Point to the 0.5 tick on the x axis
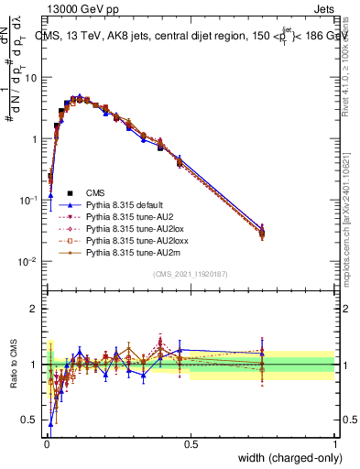[x=191, y=443]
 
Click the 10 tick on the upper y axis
[x=32, y=78]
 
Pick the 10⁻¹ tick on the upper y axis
[x=29, y=200]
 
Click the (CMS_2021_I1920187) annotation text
[x=191, y=273]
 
